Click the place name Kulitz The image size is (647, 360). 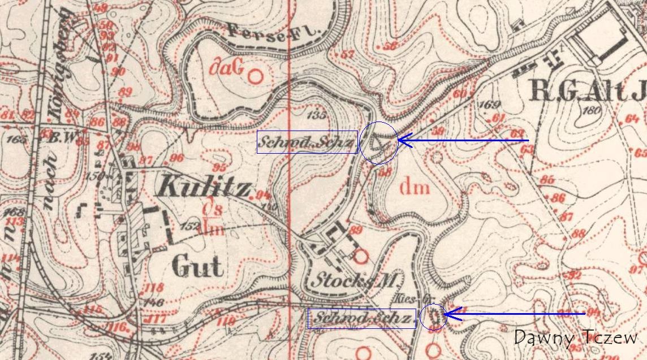click(x=205, y=186)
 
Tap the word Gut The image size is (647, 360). click(x=197, y=266)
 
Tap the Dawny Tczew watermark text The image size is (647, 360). click(x=576, y=337)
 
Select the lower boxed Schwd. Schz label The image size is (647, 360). click(x=361, y=319)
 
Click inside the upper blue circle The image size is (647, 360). click(x=378, y=143)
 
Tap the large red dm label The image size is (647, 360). click(x=415, y=187)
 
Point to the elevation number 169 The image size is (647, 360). click(x=489, y=105)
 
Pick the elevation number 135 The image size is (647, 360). click(x=318, y=115)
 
